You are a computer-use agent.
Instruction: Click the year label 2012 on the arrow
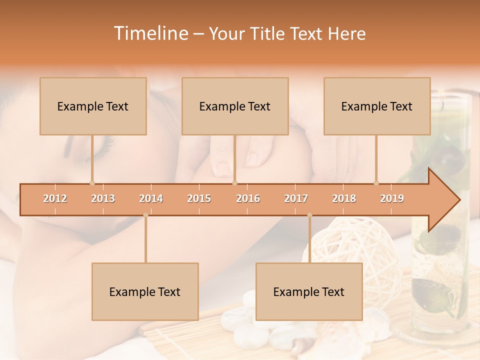[55, 198]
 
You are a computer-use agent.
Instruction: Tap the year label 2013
[103, 198]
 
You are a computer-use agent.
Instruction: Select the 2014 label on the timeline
[151, 198]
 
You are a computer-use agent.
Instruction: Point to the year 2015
[199, 198]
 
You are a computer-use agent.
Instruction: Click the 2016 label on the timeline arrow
[248, 198]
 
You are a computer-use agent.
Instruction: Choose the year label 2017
[296, 198]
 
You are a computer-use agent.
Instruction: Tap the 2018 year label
[344, 198]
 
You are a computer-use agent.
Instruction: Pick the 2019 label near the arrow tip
[392, 198]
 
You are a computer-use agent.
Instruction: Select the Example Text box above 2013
[93, 106]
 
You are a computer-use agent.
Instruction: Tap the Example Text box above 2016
[235, 106]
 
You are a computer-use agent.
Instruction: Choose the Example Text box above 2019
[377, 106]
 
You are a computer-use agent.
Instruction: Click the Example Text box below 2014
[145, 291]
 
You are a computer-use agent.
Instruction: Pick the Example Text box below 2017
[309, 291]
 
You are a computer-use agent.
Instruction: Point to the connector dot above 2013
[92, 183]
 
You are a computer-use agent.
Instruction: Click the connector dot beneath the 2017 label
[309, 215]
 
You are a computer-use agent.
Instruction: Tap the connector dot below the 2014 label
[145, 215]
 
